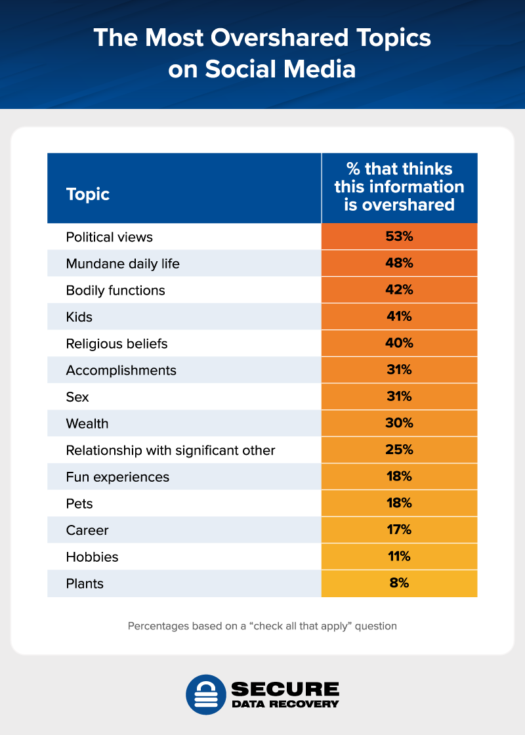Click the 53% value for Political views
coord(399,236)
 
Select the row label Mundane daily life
coord(123,263)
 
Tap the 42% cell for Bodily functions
coord(399,290)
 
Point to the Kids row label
coord(79,317)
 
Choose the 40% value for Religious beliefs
coord(399,343)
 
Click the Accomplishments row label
coord(121,370)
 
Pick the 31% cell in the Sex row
coord(399,397)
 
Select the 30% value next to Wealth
coord(399,424)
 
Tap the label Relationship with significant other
coord(171,450)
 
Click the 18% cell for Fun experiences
coord(399,477)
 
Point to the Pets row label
coord(79,504)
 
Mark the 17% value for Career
coord(399,530)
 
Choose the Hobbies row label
coord(93,557)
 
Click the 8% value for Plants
coord(399,583)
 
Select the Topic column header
coord(88,194)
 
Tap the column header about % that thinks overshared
coord(399,187)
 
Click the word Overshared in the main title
coord(272,37)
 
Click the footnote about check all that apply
coord(262,626)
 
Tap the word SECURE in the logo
coord(285,688)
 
